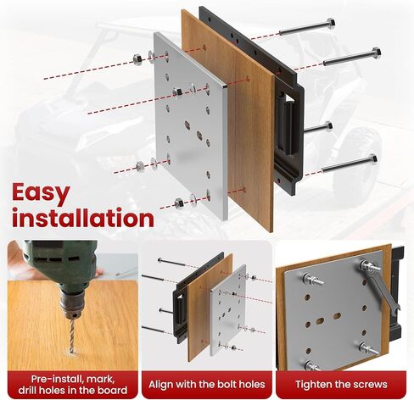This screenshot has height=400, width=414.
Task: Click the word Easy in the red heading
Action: (x=41, y=193)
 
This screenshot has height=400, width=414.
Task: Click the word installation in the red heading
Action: (x=83, y=218)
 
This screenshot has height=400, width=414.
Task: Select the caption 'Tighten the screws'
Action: (x=341, y=385)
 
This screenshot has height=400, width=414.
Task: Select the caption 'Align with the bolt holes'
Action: (x=207, y=385)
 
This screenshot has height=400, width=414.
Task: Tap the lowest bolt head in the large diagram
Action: (x=372, y=158)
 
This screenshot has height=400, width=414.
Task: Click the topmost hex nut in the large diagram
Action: (x=137, y=59)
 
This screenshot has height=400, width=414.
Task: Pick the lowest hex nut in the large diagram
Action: (x=179, y=203)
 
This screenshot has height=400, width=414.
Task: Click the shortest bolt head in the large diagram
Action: (x=328, y=126)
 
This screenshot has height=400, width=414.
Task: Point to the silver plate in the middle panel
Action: (x=228, y=309)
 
